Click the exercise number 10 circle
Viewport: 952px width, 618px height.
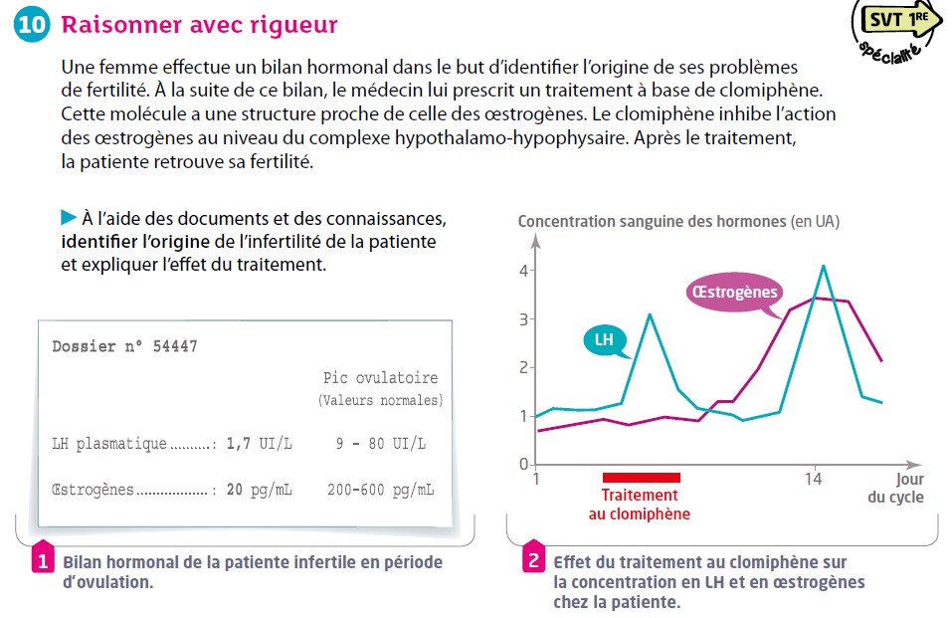(31, 24)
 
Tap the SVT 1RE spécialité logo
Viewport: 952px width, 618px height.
(896, 32)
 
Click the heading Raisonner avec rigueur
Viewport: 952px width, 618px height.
(199, 25)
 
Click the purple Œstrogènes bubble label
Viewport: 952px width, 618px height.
(735, 293)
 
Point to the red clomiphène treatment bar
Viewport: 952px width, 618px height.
(642, 478)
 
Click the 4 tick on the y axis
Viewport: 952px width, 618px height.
(524, 271)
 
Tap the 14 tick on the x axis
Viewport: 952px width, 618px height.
(813, 480)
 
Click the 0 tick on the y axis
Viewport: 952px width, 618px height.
(524, 465)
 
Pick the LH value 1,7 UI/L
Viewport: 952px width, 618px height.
(260, 444)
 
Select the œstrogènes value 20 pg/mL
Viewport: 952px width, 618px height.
(260, 490)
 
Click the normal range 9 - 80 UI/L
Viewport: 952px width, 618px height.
(381, 444)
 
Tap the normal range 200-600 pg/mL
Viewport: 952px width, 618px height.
(381, 490)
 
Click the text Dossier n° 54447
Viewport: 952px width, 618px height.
(124, 346)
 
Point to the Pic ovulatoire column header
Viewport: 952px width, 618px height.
(380, 378)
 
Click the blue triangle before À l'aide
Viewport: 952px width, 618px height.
(69, 217)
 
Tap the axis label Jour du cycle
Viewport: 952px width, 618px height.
(896, 488)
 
